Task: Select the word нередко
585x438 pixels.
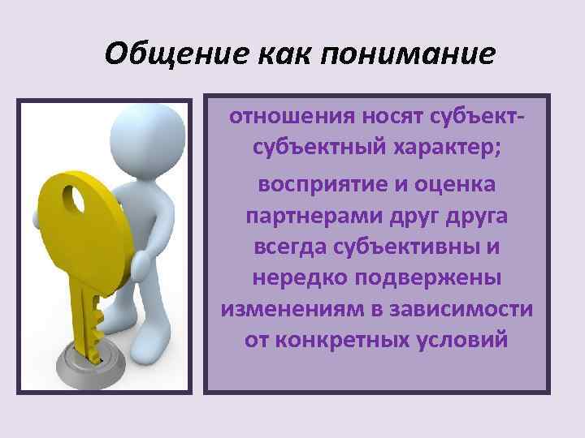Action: coord(297,277)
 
